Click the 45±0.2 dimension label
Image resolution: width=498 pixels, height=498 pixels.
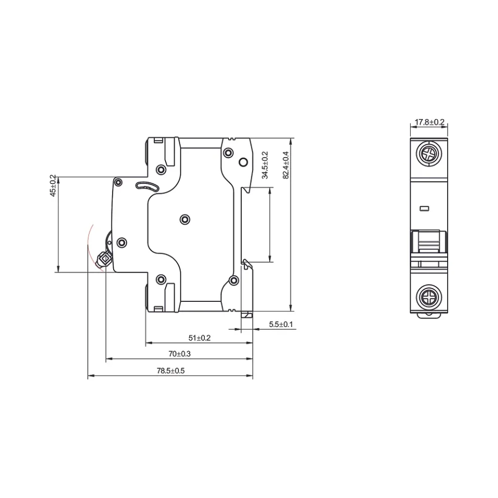pyautogui.click(x=53, y=186)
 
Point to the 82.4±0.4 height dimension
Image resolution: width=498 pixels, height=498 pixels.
pyautogui.click(x=286, y=165)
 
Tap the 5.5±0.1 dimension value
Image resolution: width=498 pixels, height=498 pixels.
pyautogui.click(x=280, y=324)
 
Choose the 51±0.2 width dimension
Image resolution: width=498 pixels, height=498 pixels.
pyautogui.click(x=199, y=338)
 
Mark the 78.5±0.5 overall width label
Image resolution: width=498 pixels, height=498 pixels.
pyautogui.click(x=170, y=370)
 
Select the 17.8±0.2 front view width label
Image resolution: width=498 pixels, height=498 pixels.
pyautogui.click(x=430, y=122)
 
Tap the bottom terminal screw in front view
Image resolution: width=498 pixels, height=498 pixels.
pyautogui.click(x=429, y=296)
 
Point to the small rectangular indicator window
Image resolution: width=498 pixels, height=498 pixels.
pyautogui.click(x=425, y=208)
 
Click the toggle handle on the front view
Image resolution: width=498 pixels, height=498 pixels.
pyautogui.click(x=428, y=242)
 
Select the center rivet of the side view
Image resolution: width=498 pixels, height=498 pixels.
pyautogui.click(x=184, y=219)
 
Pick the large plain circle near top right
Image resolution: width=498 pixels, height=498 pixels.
pyautogui.click(x=243, y=162)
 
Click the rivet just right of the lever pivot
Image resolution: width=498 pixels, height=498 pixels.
pyautogui.click(x=121, y=242)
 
